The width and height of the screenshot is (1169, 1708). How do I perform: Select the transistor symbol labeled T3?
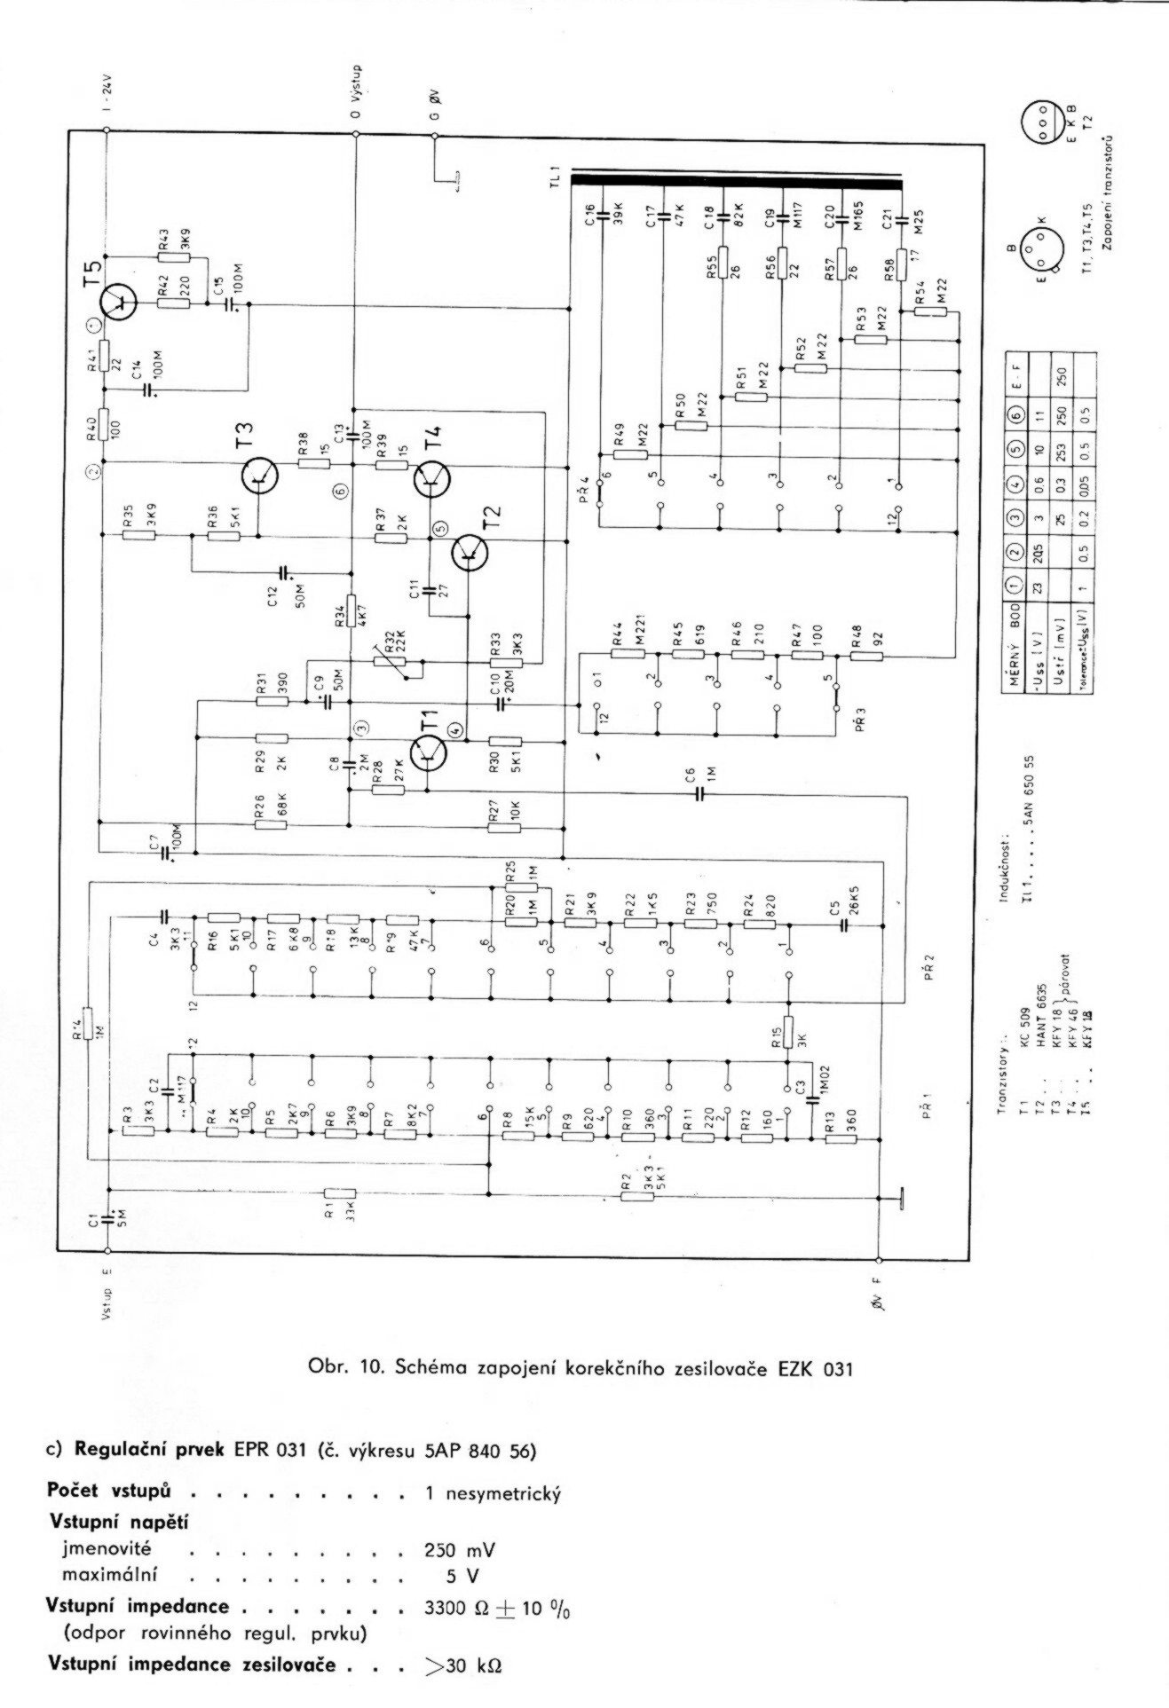(260, 477)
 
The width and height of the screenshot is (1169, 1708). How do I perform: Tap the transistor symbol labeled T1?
(430, 753)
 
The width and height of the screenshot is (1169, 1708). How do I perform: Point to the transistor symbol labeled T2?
(468, 554)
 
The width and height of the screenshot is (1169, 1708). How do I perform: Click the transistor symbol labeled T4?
(431, 478)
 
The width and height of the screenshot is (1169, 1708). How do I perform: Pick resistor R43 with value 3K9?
(174, 258)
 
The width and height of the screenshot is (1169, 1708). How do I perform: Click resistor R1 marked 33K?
(340, 1193)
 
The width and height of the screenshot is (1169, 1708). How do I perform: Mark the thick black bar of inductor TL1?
(736, 181)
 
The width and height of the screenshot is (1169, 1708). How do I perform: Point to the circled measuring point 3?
(359, 727)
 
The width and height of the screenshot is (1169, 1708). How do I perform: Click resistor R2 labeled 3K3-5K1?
(636, 1196)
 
